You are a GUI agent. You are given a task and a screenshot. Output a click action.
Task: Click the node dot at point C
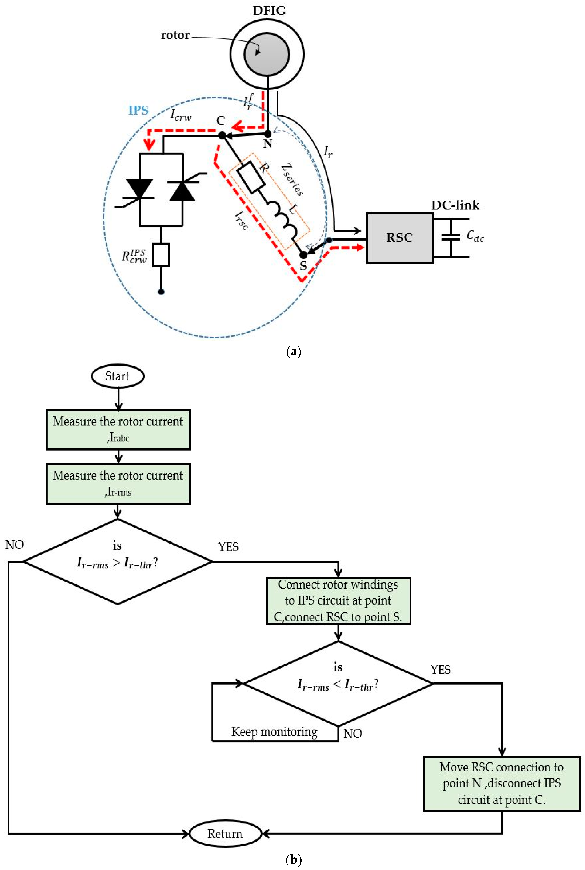[x=222, y=135]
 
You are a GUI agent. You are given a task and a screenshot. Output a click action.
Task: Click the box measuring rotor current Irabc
[x=118, y=429]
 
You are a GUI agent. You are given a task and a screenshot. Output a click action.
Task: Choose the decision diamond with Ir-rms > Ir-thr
[x=118, y=561]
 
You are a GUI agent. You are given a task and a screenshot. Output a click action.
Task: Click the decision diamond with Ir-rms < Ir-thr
[x=338, y=683]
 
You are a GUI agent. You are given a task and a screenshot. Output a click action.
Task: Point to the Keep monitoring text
[x=274, y=732]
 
